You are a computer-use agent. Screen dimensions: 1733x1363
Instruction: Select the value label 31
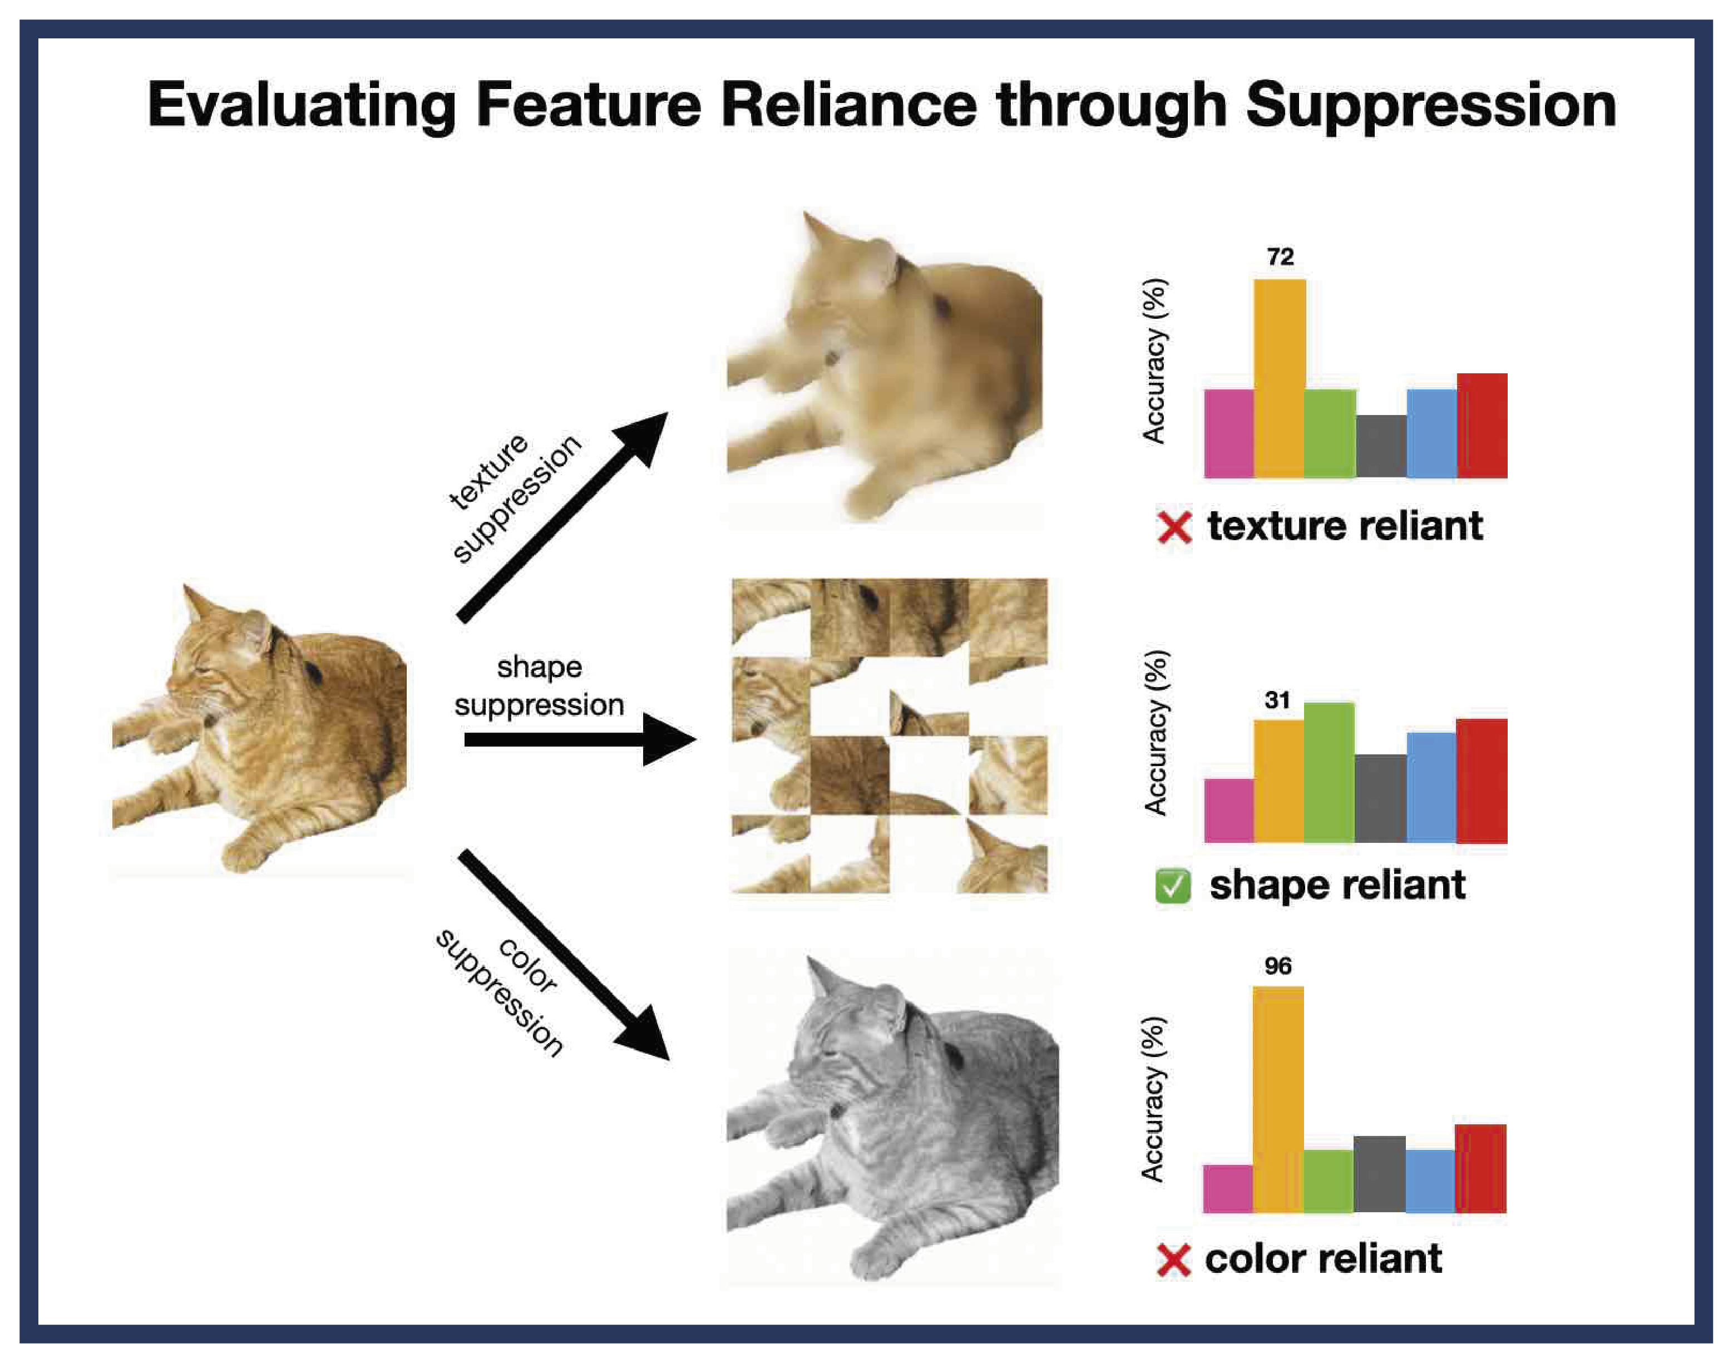coord(1277,700)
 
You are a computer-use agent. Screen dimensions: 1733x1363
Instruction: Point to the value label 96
coord(1277,966)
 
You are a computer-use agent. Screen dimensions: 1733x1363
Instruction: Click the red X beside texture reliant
coord(1174,527)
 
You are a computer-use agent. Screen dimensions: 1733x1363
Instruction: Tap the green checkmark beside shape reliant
coord(1173,887)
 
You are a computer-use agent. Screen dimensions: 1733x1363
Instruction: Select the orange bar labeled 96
coord(1278,1100)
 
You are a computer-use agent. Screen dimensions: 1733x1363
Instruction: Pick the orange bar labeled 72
coord(1280,379)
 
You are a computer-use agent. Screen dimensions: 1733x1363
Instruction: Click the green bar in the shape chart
coord(1329,773)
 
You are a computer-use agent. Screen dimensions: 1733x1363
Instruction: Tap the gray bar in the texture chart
coord(1381,446)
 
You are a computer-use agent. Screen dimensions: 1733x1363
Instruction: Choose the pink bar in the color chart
coord(1228,1189)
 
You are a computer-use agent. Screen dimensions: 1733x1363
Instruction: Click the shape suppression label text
coord(539,687)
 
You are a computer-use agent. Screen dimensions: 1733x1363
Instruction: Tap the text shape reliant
coord(1337,886)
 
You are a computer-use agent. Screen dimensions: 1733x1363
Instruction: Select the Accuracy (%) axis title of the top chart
coord(1154,360)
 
